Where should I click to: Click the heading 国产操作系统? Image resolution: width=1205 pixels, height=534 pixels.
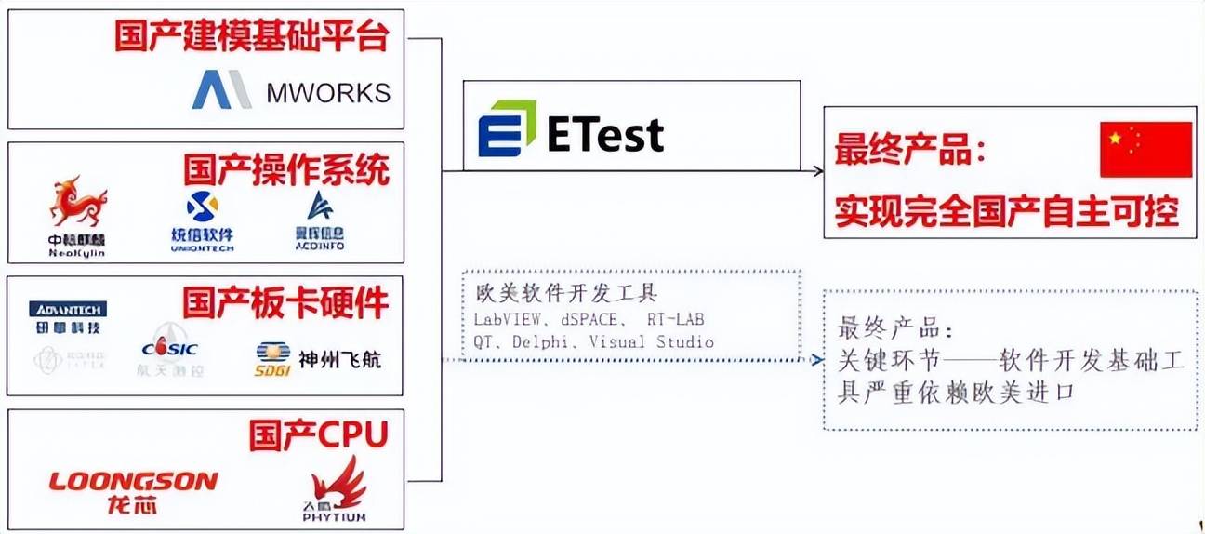point(285,170)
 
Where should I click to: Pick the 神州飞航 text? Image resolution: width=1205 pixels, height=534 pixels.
point(340,358)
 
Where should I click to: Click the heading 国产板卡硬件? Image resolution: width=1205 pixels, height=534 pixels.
point(285,303)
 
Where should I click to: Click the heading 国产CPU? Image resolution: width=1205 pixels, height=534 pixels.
point(318,434)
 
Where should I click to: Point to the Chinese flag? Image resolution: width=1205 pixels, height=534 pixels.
point(1145,149)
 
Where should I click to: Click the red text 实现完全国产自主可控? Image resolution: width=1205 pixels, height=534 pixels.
point(1006,211)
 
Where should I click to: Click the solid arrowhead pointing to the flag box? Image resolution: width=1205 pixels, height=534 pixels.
point(816,170)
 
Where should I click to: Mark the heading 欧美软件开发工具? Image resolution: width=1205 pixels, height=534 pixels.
point(565,295)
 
